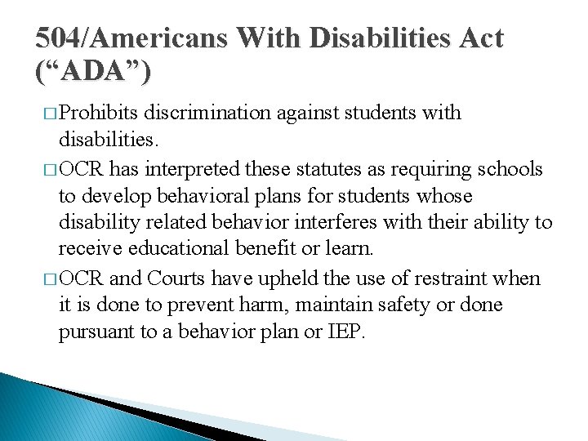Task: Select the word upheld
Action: (x=276, y=278)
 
